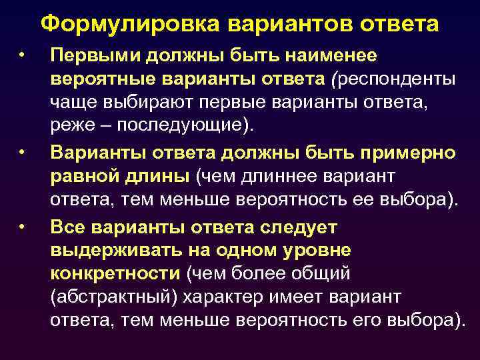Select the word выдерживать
tap(109, 250)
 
